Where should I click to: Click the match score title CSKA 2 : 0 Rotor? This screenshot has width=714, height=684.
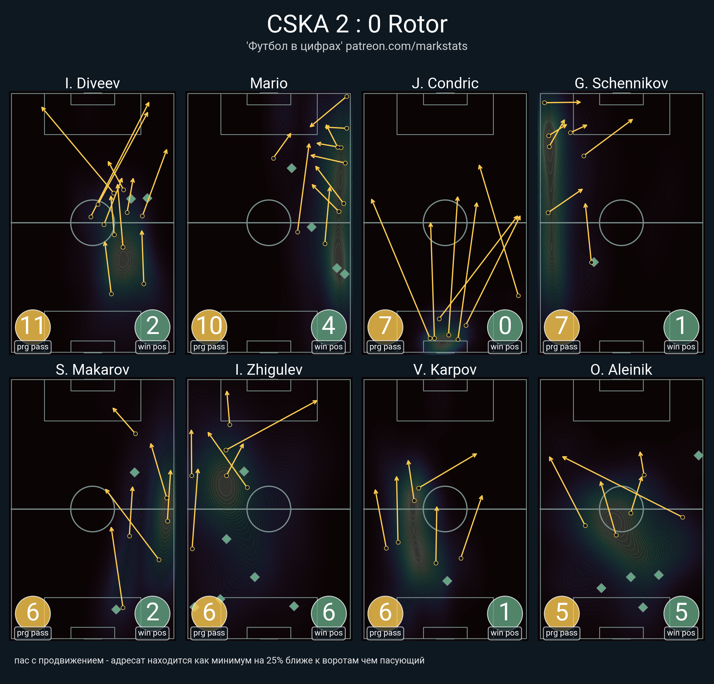(357, 24)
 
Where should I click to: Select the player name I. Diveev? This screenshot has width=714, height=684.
(93, 83)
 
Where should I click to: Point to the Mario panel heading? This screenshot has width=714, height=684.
(269, 83)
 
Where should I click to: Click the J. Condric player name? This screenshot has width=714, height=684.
(445, 83)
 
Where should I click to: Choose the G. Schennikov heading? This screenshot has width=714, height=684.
(621, 83)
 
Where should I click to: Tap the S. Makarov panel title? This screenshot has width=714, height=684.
(93, 370)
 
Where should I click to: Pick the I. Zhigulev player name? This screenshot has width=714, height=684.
(269, 370)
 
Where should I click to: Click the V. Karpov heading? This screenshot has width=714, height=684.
(445, 370)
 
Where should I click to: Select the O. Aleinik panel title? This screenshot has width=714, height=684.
(621, 370)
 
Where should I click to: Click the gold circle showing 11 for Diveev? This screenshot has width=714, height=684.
(33, 327)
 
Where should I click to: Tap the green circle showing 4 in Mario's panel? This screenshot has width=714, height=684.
(328, 327)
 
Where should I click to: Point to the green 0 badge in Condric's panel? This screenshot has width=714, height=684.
(505, 327)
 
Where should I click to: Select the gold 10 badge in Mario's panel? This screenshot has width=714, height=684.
(209, 327)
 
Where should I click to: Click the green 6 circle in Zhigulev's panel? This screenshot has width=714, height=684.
(328, 613)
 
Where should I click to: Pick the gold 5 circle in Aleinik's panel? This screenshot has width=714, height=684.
(562, 613)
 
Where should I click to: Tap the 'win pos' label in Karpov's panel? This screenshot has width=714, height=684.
(505, 633)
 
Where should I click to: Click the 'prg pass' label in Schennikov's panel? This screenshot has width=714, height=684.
(562, 347)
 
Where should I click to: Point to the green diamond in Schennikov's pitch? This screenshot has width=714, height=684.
(594, 262)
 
